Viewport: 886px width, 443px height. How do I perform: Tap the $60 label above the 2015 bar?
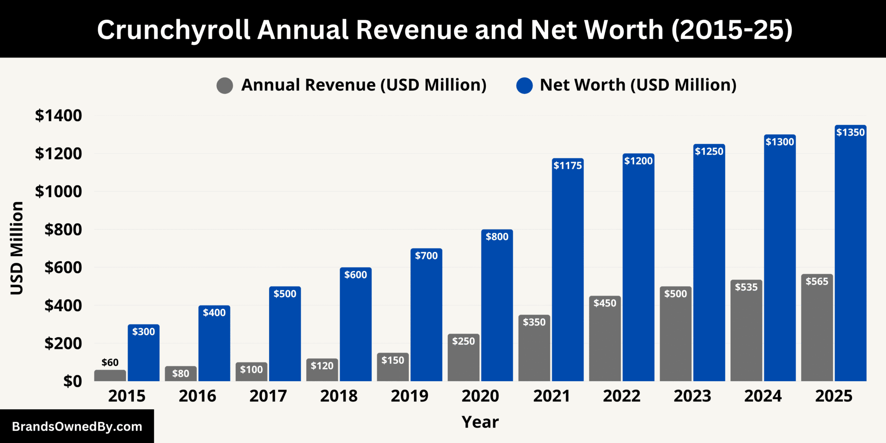pyautogui.click(x=110, y=363)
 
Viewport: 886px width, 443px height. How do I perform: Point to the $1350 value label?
pyautogui.click(x=850, y=132)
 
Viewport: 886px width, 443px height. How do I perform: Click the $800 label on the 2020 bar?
pyautogui.click(x=497, y=237)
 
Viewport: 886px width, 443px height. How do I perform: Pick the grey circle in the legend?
pyautogui.click(x=225, y=85)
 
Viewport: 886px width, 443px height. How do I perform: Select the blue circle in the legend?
pyautogui.click(x=524, y=85)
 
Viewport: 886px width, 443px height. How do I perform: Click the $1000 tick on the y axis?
pyautogui.click(x=58, y=191)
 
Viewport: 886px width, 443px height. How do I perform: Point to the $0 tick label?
pyautogui.click(x=72, y=381)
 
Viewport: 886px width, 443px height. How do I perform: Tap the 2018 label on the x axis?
pyautogui.click(x=339, y=396)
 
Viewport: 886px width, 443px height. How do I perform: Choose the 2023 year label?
pyautogui.click(x=692, y=396)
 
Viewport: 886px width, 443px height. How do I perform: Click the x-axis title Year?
pyautogui.click(x=480, y=422)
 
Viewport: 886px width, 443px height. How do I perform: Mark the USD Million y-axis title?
pyautogui.click(x=17, y=248)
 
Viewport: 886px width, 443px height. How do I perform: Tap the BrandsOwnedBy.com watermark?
pyautogui.click(x=77, y=427)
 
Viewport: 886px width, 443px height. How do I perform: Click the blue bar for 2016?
pyautogui.click(x=214, y=346)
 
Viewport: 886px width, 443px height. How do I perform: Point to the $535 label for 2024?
pyautogui.click(x=746, y=287)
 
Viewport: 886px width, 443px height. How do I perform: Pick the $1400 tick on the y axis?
pyautogui.click(x=58, y=116)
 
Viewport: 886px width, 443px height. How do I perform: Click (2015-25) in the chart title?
pyautogui.click(x=732, y=30)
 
